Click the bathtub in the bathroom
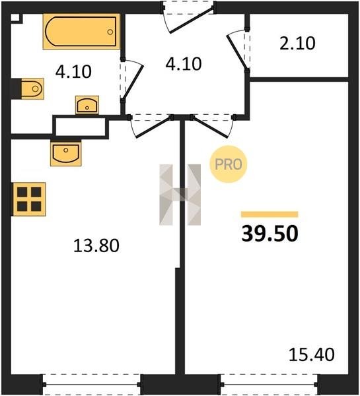point(81,32)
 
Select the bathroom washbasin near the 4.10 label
point(87,105)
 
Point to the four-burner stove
point(29,199)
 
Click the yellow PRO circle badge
point(229,164)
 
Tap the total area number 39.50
point(270,234)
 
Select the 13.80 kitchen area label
point(96,246)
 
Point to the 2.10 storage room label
point(297,43)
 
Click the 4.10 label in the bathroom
point(73,71)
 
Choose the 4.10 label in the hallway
point(184,63)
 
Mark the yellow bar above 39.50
point(270,214)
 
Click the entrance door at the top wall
point(188,17)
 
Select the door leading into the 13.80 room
point(151,125)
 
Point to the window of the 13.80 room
point(91,384)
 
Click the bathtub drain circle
point(110,32)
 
